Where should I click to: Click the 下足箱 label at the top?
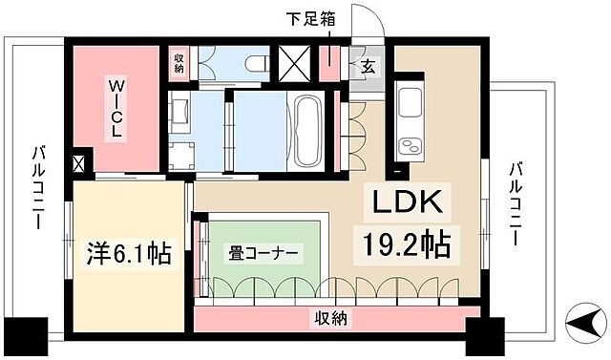[312, 16]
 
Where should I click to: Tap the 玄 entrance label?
[368, 68]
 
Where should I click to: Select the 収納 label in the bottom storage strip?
[327, 319]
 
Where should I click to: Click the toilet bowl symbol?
[253, 63]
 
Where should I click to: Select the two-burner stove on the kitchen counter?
[412, 145]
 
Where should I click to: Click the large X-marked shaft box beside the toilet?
[292, 64]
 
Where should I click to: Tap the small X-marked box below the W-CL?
[77, 164]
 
